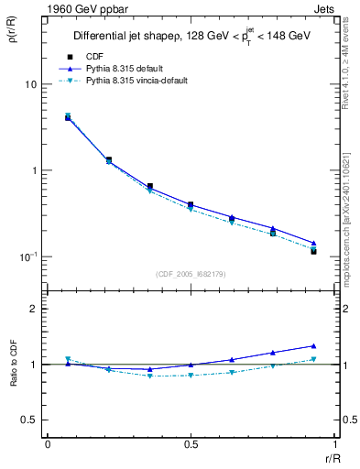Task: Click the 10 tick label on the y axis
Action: (29, 84)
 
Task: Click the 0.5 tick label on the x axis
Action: (190, 443)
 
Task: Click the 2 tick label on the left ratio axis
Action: (34, 309)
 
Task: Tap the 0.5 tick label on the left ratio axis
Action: (29, 420)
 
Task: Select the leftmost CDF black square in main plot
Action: (69, 118)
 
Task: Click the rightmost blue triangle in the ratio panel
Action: (313, 346)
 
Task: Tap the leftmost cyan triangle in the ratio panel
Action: (69, 359)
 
